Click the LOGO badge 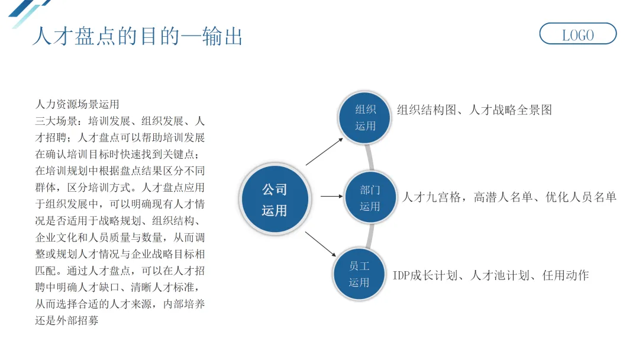tap(577, 34)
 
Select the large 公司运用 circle tap(275, 200)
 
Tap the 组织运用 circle tap(365, 117)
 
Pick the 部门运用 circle tap(370, 198)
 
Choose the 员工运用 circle tap(359, 274)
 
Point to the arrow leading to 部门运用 tap(331, 196)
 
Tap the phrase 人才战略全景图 tap(511, 110)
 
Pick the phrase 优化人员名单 tap(582, 197)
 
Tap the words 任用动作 tap(566, 275)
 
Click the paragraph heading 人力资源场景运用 tap(78, 105)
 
